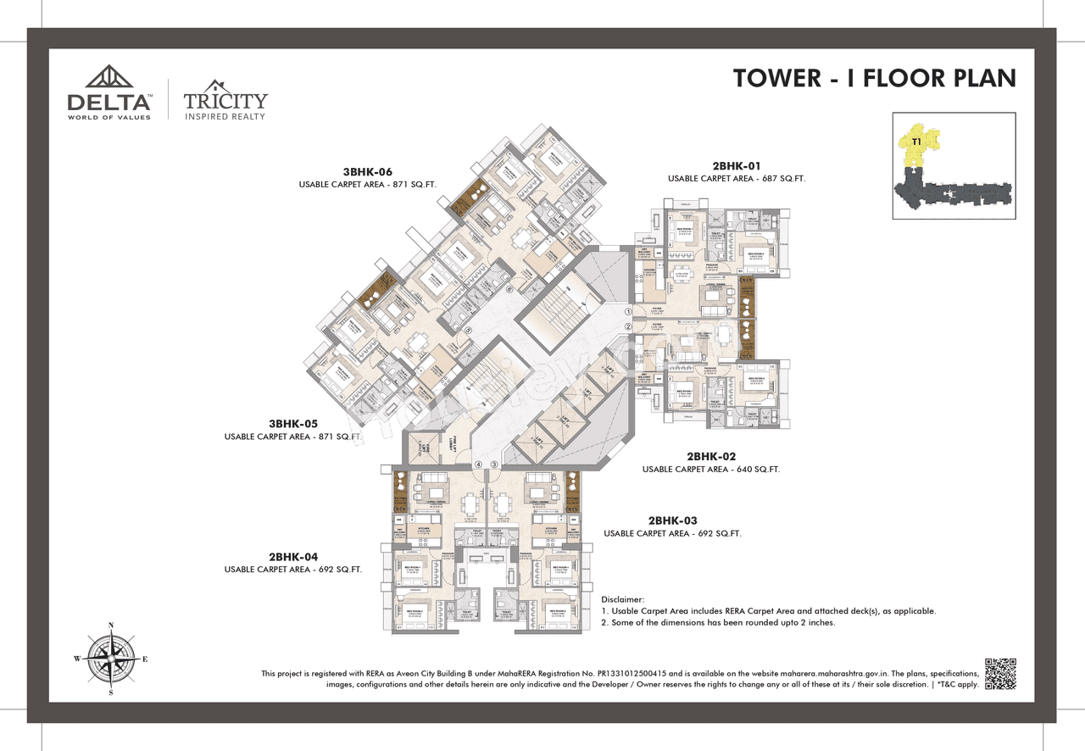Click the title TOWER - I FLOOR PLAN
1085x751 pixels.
[x=874, y=78]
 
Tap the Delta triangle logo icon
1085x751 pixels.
[x=108, y=77]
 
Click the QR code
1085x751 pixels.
[x=999, y=673]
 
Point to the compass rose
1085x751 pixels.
[x=111, y=659]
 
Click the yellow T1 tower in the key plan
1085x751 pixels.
[x=919, y=150]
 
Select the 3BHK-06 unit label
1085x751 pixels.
[x=368, y=172]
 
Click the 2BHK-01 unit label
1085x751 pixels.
[x=737, y=166]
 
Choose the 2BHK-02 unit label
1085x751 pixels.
[x=711, y=456]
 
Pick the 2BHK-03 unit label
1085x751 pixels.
[x=673, y=520]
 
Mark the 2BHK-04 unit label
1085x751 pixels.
[x=293, y=557]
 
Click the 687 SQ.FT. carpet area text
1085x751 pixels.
[x=782, y=179]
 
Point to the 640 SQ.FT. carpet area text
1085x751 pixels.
[x=757, y=469]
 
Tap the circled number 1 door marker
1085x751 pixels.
[x=628, y=313]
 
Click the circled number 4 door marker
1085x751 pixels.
[x=478, y=465]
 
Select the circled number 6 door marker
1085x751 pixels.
[x=509, y=289]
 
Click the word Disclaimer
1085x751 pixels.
[x=623, y=599]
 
